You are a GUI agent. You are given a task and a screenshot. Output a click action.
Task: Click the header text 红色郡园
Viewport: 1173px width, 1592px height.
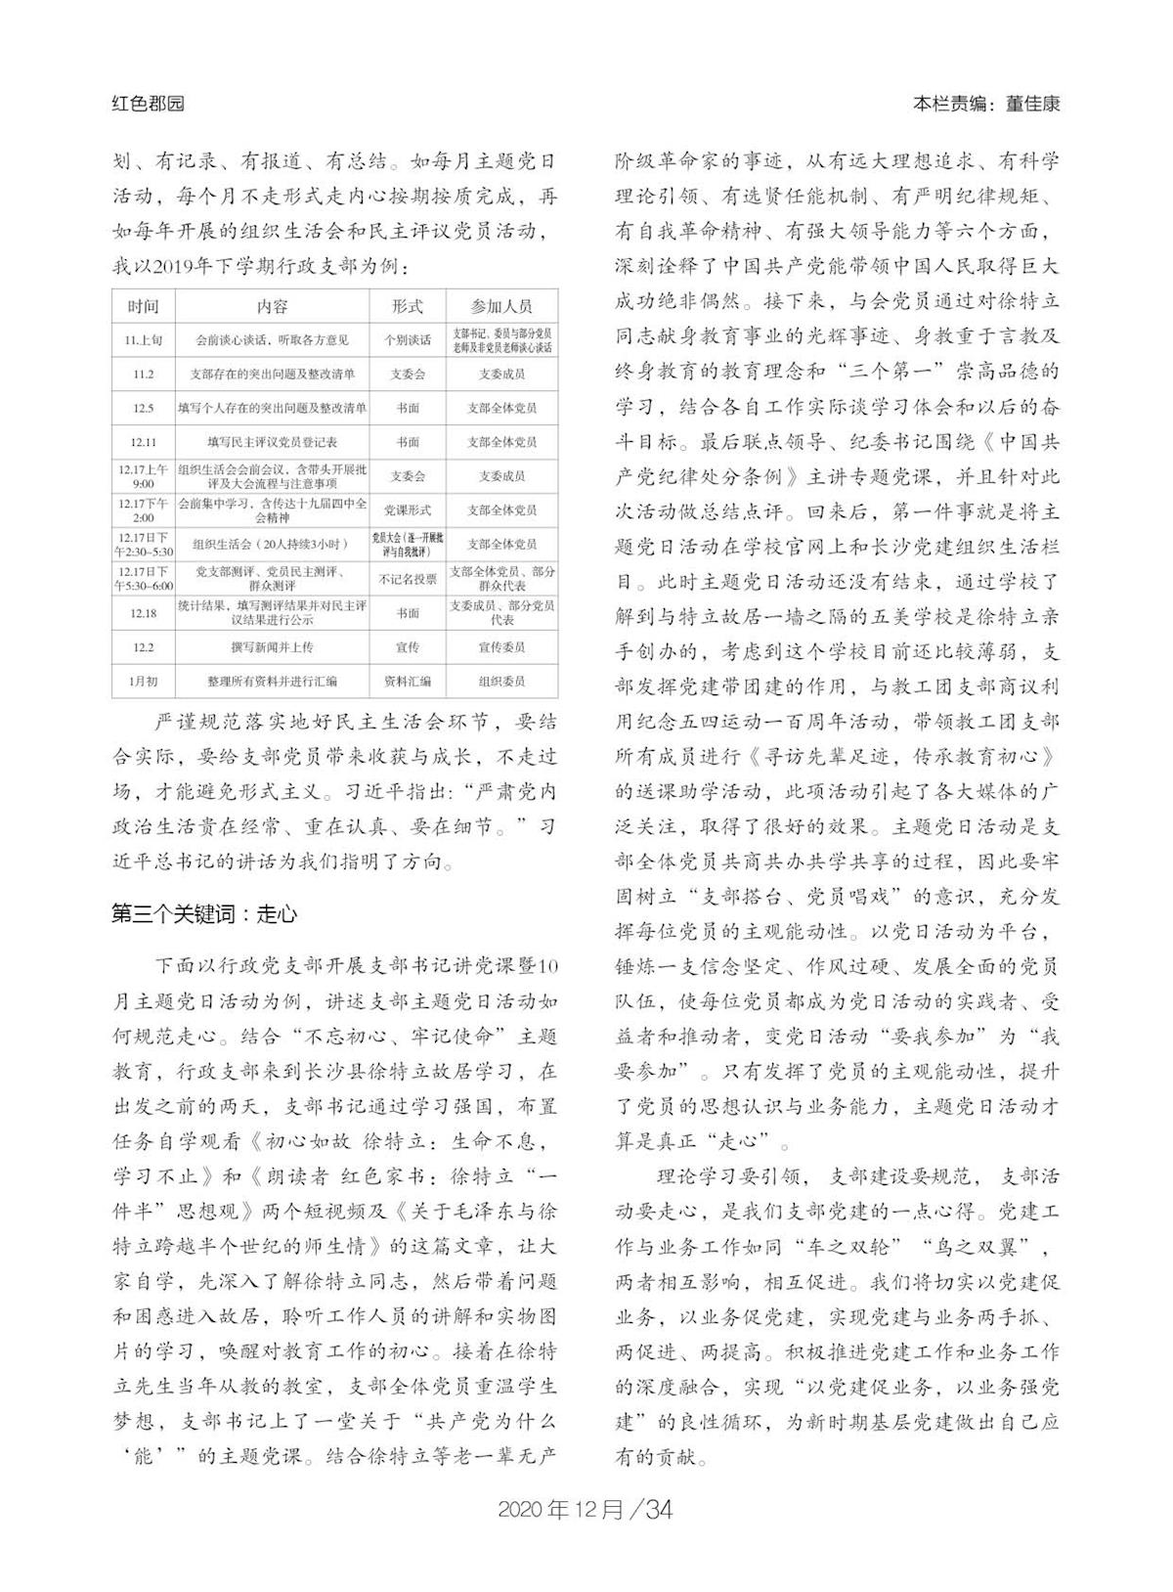[x=148, y=104]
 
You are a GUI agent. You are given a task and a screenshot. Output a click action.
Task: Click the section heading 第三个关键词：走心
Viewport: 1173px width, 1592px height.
[x=204, y=914]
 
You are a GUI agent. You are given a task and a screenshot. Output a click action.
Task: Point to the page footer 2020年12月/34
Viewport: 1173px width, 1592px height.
[x=586, y=1508]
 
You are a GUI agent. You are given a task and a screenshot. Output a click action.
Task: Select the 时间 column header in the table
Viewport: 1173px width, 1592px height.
[x=143, y=306]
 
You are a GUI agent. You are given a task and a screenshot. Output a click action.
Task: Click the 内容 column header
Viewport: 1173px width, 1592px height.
[x=272, y=306]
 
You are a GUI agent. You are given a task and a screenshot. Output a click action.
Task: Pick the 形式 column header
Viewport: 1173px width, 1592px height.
[x=408, y=306]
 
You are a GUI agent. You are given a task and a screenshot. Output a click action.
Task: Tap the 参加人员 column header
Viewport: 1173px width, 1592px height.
[x=501, y=306]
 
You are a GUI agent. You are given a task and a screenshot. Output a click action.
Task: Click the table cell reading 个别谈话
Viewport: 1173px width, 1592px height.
[x=408, y=340]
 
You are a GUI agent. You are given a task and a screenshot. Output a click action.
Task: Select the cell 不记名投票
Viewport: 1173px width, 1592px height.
[x=408, y=579]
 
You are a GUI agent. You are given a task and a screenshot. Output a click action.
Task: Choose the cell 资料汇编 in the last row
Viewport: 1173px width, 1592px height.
[x=408, y=682]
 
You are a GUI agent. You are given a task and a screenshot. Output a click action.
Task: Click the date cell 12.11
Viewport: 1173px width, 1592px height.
[x=143, y=442]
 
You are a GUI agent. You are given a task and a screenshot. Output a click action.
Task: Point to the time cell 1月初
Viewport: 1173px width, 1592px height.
[x=143, y=682]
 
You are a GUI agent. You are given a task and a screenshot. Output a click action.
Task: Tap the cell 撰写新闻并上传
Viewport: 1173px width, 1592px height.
[x=272, y=647]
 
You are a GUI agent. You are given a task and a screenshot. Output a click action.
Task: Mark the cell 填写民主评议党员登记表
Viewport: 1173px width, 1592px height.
[x=272, y=442]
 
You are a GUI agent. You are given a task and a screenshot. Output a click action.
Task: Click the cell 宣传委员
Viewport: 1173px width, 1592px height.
[x=501, y=647]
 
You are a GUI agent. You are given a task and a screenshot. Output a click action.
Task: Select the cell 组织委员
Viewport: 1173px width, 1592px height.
[x=501, y=682]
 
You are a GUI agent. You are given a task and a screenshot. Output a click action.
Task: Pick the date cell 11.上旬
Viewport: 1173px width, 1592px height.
[x=143, y=340]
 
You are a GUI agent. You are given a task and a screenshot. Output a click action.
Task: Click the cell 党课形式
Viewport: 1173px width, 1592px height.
[x=408, y=510]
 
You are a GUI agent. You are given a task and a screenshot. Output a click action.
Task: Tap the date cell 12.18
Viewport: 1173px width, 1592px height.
[x=143, y=613]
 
